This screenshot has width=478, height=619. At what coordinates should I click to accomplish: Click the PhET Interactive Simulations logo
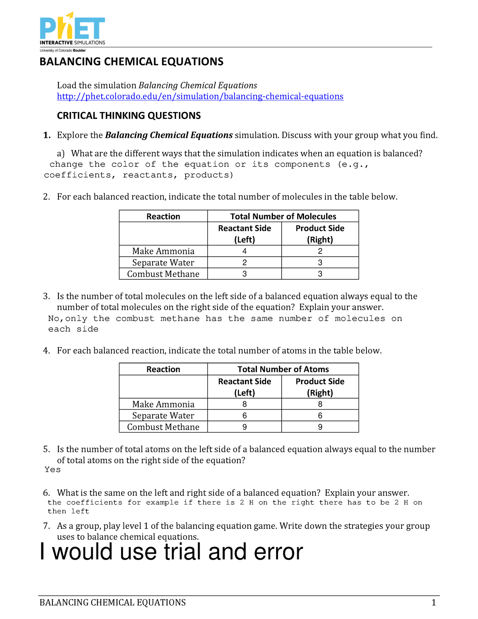[72, 31]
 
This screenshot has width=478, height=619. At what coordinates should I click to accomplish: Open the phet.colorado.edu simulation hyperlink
[200, 96]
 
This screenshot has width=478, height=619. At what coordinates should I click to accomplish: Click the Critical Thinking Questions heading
[129, 116]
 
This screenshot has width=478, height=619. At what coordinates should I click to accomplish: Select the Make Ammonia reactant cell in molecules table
[244, 251]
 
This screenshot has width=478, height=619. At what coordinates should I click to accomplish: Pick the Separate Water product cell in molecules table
[320, 263]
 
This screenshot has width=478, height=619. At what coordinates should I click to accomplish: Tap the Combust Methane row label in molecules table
[163, 274]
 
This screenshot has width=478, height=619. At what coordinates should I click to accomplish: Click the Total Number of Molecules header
[283, 216]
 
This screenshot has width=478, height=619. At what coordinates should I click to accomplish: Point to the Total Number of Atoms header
[283, 369]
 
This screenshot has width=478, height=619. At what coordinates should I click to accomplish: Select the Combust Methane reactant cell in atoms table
[244, 427]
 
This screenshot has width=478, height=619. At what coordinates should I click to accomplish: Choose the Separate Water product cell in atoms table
[320, 416]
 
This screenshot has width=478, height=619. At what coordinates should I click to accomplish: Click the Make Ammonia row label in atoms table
[163, 404]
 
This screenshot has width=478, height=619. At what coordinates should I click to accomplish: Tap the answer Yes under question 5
[53, 470]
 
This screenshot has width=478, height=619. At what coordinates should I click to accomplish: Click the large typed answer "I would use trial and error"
[171, 552]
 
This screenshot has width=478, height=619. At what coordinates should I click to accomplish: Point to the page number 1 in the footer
[434, 603]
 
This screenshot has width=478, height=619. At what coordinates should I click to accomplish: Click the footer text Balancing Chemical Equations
[113, 603]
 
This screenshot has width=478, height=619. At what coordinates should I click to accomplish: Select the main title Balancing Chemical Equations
[131, 62]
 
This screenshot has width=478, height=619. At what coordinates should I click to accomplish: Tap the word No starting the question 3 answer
[54, 318]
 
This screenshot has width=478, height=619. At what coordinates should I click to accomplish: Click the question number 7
[46, 526]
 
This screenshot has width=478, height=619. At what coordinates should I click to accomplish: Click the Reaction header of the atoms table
[163, 369]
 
